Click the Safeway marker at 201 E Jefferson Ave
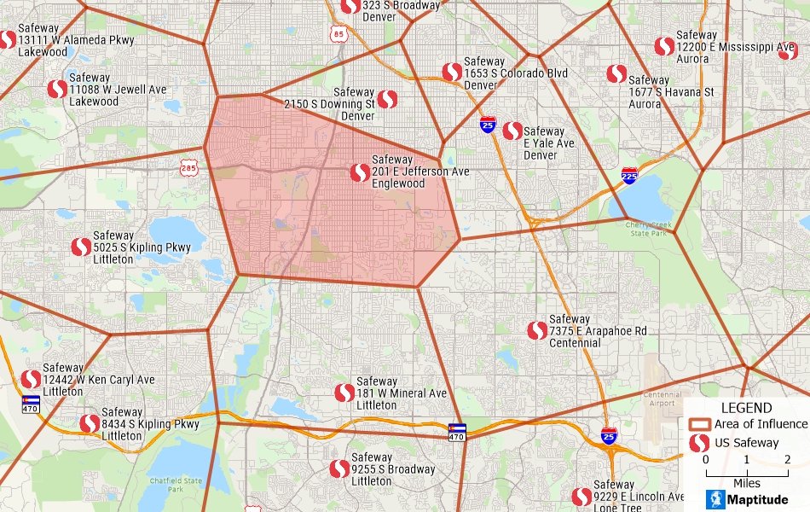360,172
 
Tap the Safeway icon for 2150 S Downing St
387,100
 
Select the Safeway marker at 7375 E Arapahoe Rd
537,330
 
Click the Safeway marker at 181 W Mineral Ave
344,393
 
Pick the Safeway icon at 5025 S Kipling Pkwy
81,247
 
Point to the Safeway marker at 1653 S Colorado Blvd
452,73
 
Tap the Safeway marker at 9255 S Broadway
339,468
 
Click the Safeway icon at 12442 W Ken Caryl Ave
31,379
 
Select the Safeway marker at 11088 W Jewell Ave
57,89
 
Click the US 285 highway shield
189,167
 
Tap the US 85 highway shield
339,34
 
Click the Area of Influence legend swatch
700,424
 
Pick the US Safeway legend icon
699,443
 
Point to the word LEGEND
746,408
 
